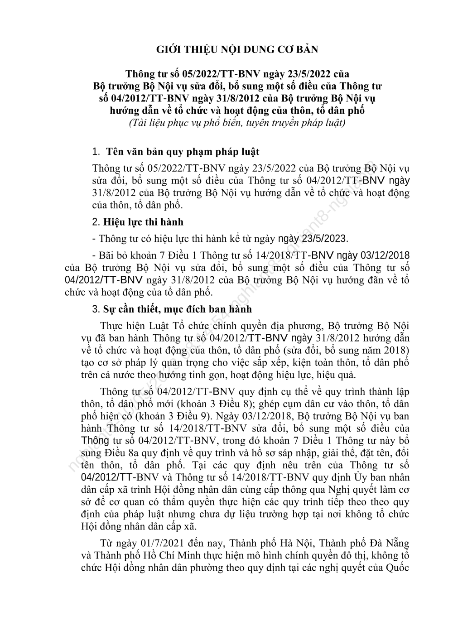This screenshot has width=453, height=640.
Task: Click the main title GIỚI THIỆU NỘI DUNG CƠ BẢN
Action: (x=237, y=49)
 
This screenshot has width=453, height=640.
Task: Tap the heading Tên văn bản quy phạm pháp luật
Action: (x=182, y=151)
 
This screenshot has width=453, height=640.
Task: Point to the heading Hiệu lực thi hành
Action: (x=143, y=222)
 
